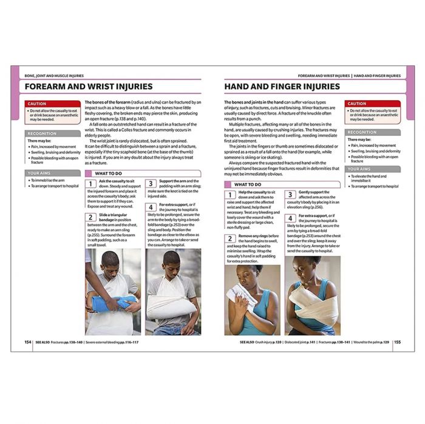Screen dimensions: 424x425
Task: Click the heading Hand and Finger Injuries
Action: coord(282,87)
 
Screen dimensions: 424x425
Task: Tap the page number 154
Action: coord(28,342)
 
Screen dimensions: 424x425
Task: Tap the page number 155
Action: coord(397,342)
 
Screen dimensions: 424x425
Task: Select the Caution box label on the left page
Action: coord(38,104)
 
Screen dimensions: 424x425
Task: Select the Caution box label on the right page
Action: coord(358,104)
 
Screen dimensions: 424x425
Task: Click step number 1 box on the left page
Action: coord(90,184)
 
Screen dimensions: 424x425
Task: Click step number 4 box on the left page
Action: coord(151,208)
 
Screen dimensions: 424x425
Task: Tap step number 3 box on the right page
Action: coord(290,195)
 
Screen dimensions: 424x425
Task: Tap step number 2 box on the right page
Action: coord(230,238)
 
